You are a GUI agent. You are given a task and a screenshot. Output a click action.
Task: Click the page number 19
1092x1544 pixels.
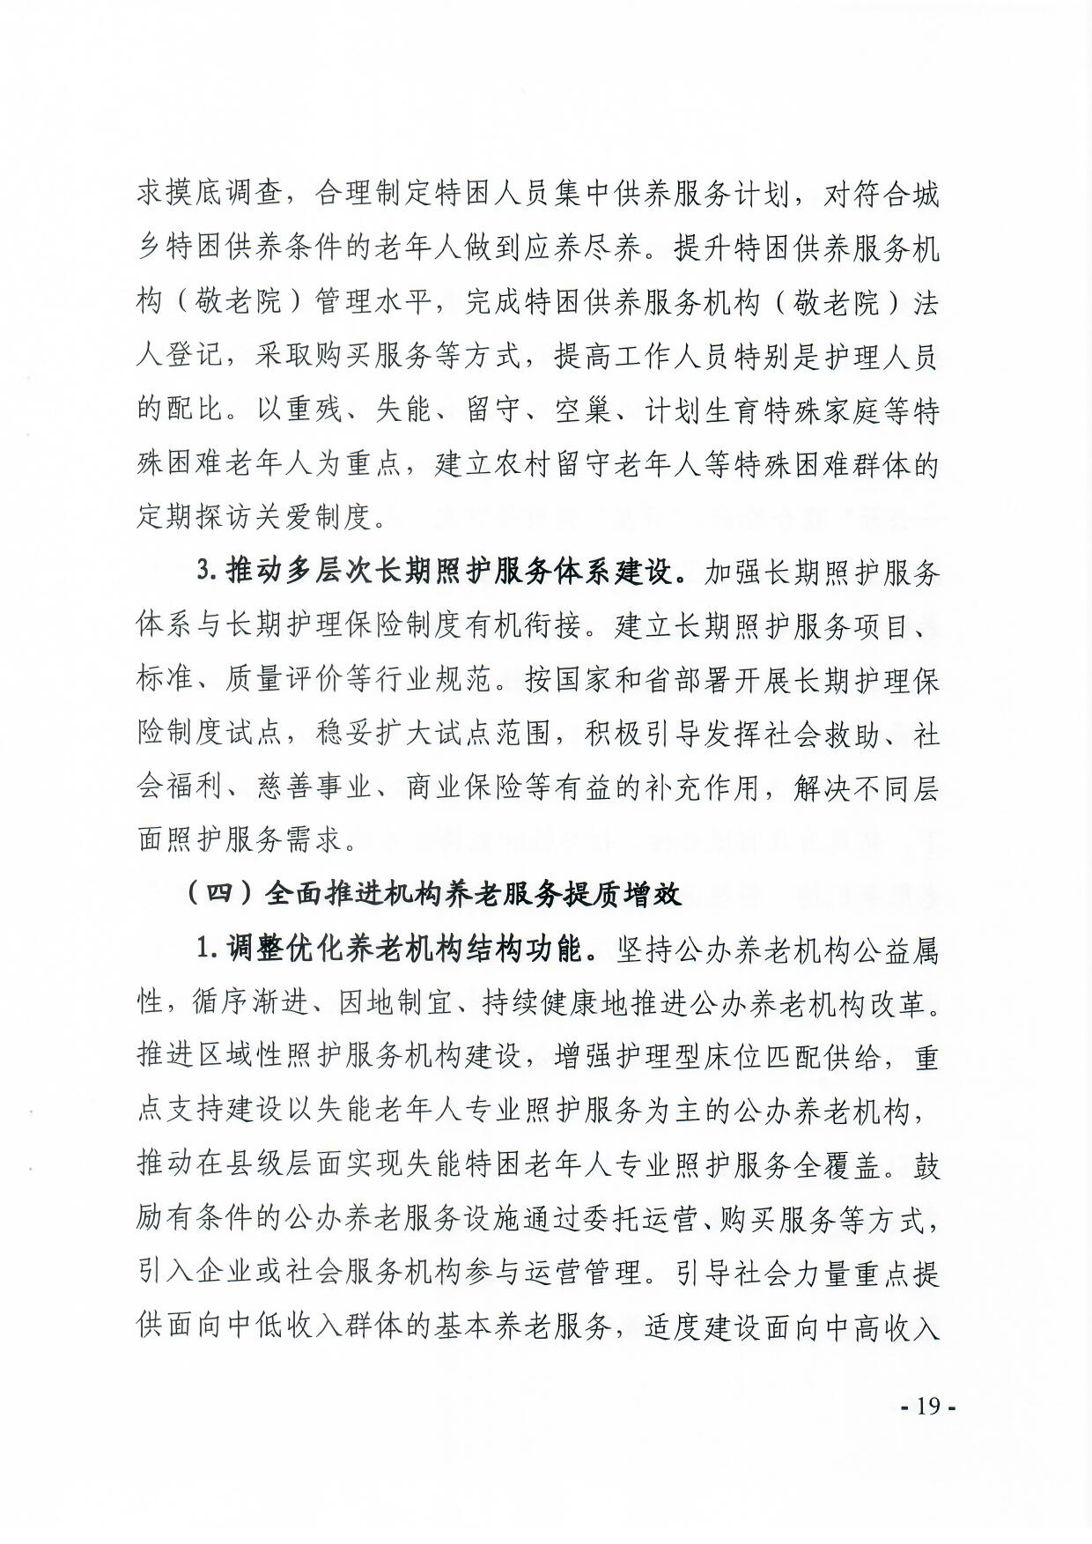pos(928,1406)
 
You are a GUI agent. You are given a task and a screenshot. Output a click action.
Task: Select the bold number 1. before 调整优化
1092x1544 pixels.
pos(206,949)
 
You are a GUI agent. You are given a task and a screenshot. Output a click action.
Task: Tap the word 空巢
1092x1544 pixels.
pos(582,410)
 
